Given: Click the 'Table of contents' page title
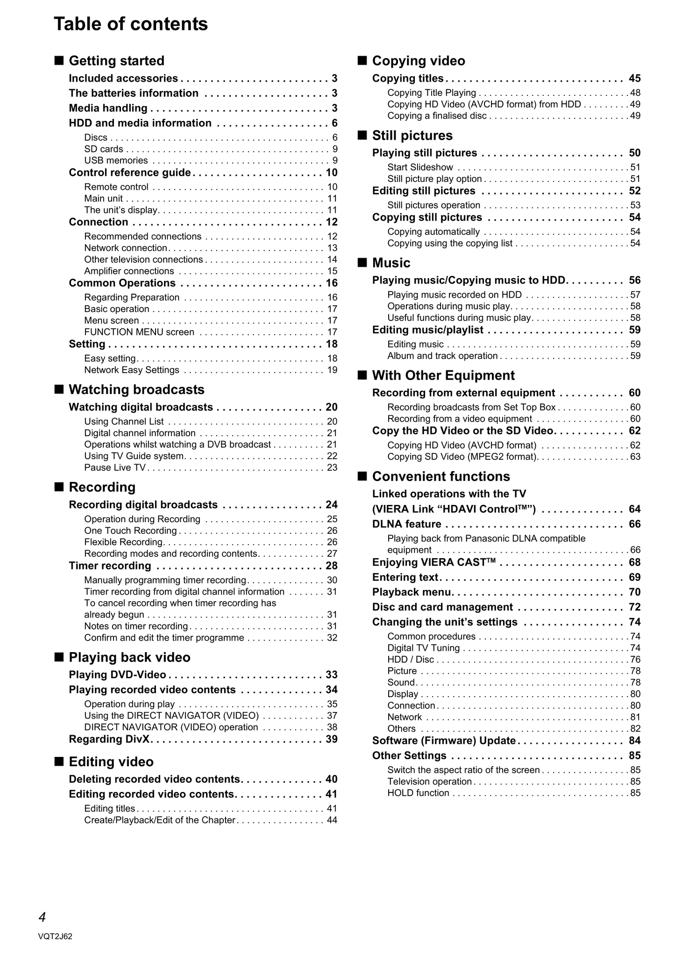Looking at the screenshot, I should click(x=131, y=24).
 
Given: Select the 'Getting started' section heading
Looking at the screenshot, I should click(x=116, y=61).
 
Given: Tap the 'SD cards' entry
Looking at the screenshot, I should click(x=104, y=149).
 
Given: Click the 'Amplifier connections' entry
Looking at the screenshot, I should click(x=129, y=271).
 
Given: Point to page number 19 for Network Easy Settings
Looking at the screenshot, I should click(x=332, y=370).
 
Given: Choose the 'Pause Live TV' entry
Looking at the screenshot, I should click(x=115, y=468).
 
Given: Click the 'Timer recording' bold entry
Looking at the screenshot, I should click(x=110, y=566).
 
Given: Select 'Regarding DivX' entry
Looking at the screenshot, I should click(x=112, y=739).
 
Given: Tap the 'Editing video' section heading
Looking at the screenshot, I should click(x=111, y=762).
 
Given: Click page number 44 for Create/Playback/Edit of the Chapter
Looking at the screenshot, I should click(x=332, y=820).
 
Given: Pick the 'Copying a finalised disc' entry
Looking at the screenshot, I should click(x=437, y=116).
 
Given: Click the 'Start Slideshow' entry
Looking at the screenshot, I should click(x=420, y=167).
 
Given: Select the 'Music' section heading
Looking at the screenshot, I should click(x=391, y=263).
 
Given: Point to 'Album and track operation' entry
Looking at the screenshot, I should click(x=442, y=356).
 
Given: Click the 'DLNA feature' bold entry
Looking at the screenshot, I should click(x=406, y=524).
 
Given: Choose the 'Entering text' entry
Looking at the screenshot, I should click(x=405, y=577).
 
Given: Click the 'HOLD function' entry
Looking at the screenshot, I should click(x=418, y=793).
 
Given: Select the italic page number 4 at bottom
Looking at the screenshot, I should click(x=42, y=917).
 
